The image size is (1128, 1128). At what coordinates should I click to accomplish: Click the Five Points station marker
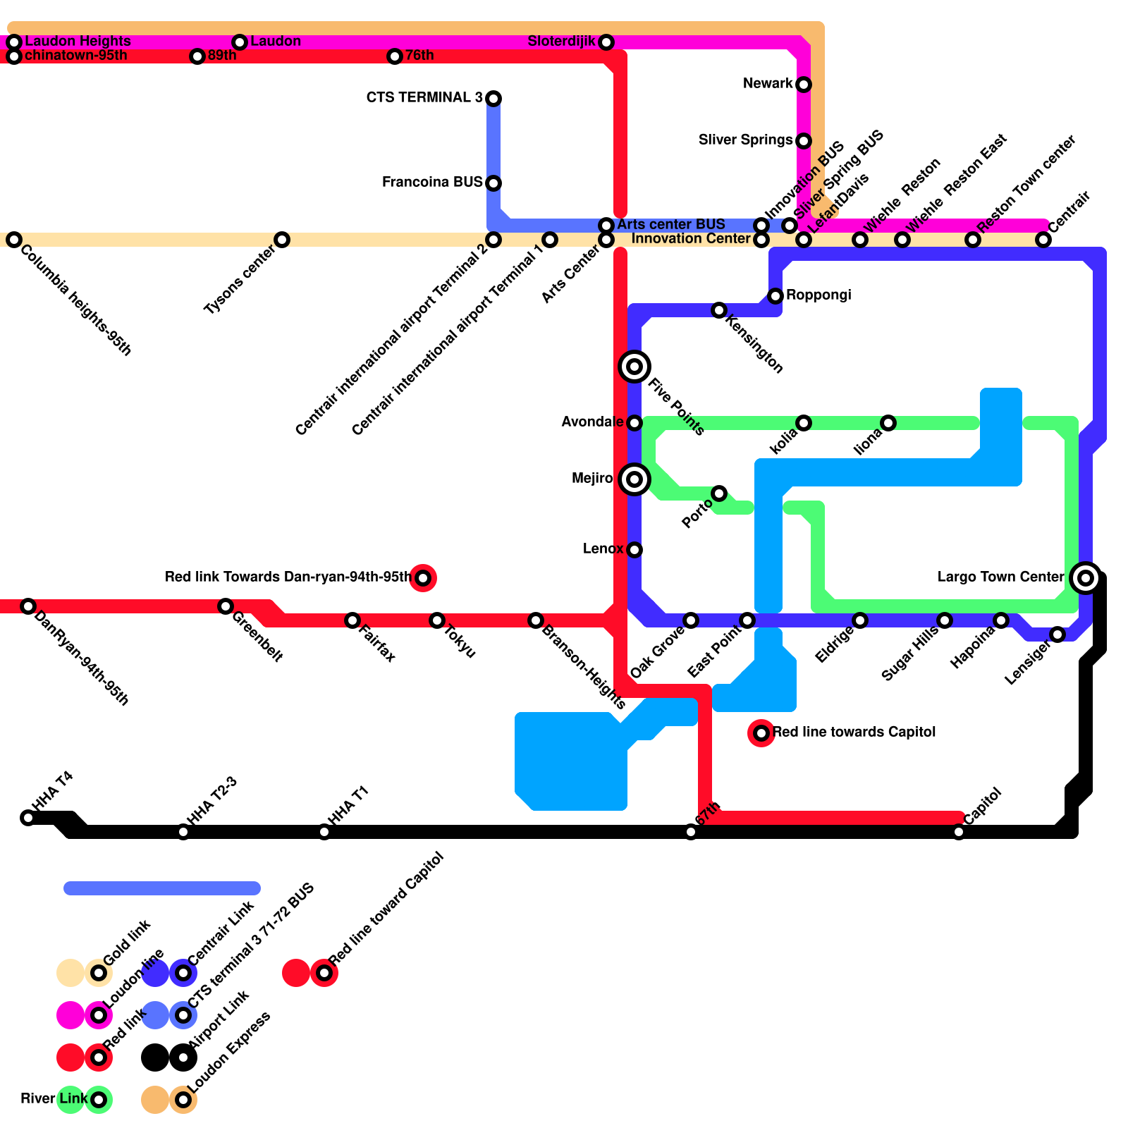point(634,367)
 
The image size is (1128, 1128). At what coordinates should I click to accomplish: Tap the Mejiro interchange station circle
point(634,479)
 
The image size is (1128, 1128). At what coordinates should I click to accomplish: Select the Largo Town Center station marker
point(1086,578)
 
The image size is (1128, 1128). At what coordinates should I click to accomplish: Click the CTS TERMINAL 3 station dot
point(493,98)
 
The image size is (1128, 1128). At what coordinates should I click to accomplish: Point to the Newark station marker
point(804,85)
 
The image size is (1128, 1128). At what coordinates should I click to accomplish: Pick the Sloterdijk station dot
point(606,42)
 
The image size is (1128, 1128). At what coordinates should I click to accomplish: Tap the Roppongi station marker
point(775,296)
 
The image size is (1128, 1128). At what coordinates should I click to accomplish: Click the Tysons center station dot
point(282,240)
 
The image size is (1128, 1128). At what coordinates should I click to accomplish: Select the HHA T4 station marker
point(28,818)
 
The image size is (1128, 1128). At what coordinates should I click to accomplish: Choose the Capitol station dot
point(959,832)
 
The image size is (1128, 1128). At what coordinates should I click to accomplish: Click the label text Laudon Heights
point(78,41)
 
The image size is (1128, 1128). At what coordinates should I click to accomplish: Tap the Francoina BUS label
point(432,183)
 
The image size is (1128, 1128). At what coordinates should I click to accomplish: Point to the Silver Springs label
point(745,140)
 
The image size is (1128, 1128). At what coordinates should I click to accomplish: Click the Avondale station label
point(591,422)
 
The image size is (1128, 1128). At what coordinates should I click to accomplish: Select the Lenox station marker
point(634,550)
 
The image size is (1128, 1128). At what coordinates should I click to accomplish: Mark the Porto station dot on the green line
point(719,493)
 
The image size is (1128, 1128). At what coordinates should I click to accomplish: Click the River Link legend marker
point(99,1100)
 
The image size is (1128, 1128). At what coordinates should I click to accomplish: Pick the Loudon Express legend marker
point(183,1100)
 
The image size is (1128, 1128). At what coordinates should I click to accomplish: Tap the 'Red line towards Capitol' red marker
point(761,733)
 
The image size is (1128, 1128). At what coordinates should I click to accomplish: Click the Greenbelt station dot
point(226,606)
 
